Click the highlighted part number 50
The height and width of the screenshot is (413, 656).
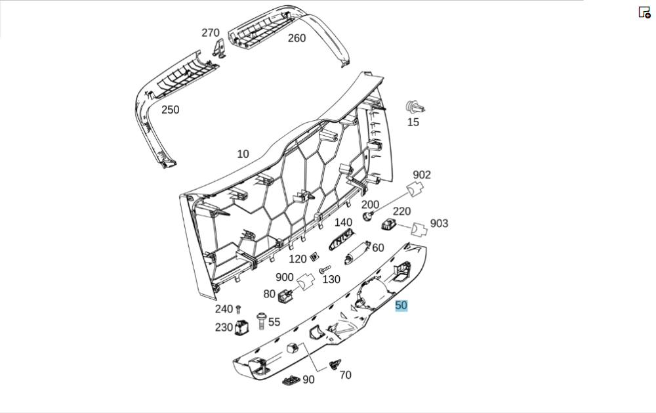click(x=401, y=305)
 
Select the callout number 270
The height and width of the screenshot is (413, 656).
click(x=211, y=33)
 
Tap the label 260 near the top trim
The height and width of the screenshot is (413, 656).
click(x=297, y=38)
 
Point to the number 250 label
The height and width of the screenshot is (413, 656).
click(x=170, y=110)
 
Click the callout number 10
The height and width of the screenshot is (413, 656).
click(x=243, y=154)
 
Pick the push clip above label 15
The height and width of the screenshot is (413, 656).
click(x=414, y=106)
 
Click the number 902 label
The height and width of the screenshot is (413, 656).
click(x=422, y=175)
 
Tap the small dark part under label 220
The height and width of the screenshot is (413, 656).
click(x=388, y=225)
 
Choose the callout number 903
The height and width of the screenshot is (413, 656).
click(x=439, y=223)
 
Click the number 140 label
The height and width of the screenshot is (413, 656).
click(x=343, y=223)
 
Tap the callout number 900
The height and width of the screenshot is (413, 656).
click(x=285, y=277)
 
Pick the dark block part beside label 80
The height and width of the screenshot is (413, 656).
click(x=285, y=296)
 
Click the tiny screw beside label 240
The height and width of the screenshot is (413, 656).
click(x=239, y=308)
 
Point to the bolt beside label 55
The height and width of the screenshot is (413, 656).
click(x=261, y=320)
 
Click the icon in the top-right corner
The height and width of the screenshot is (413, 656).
click(x=644, y=12)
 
